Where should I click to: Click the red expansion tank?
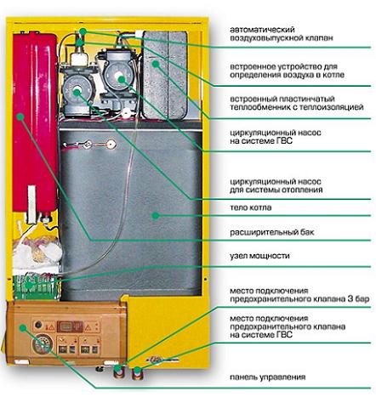click(x=35, y=122)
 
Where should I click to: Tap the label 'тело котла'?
click(x=250, y=207)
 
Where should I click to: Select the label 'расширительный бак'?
click(x=272, y=233)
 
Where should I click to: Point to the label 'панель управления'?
click(x=268, y=377)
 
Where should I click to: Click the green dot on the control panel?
click(x=23, y=328)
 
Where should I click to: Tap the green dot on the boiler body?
click(x=155, y=216)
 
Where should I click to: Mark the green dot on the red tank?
click(x=20, y=116)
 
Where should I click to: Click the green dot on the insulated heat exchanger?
click(x=156, y=64)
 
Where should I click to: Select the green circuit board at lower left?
click(x=37, y=287)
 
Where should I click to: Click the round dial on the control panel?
click(x=43, y=344)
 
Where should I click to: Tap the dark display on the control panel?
click(x=70, y=326)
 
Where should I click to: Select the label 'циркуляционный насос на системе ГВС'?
click(x=276, y=137)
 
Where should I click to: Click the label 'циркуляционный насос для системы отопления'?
click(x=276, y=185)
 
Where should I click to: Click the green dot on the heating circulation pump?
click(x=77, y=92)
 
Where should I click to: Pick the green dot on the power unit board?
click(x=28, y=285)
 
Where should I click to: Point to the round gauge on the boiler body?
click(x=111, y=145)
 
